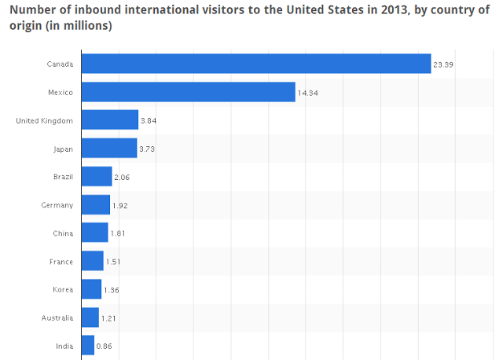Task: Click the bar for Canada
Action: [256, 64]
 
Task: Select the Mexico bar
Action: [189, 92]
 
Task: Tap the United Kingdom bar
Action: [110, 120]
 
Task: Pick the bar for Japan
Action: [109, 149]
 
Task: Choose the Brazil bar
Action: [97, 177]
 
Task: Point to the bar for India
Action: [88, 346]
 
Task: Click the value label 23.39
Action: [442, 64]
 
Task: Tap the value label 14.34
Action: [307, 93]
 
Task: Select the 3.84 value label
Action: [149, 121]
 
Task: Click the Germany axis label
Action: [58, 205]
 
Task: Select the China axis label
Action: [63, 233]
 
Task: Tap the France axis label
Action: [61, 262]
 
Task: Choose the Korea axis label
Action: [63, 289]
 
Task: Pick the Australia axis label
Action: [57, 318]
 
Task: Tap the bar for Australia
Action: [90, 318]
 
